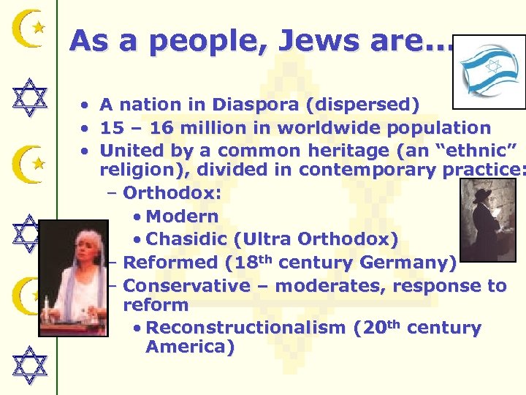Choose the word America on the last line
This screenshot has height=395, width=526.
point(190,347)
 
